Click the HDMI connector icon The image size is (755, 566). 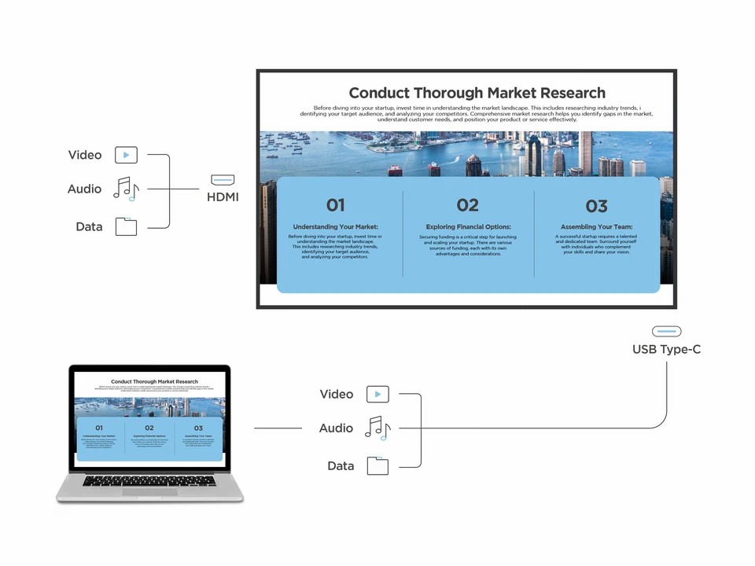coord(223,180)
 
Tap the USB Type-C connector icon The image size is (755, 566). coord(666,332)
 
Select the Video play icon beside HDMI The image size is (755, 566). coord(126,155)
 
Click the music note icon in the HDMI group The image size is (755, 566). coord(126,189)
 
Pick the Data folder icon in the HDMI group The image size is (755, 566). coord(126,226)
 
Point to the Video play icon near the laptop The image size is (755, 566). coord(377,394)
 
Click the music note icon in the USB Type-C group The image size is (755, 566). coord(377,428)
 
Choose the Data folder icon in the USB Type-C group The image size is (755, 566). coord(377,465)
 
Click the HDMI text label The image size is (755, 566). coord(223,197)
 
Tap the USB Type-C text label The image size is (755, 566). coord(666,349)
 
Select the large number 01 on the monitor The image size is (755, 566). coord(336,206)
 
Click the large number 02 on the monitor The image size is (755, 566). coord(467,205)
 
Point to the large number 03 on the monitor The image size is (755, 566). coord(597,207)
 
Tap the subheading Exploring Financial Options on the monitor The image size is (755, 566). coord(468,227)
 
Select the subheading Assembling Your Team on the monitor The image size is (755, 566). coord(597,227)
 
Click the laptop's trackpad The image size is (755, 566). coord(149,491)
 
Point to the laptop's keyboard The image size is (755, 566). coord(149,480)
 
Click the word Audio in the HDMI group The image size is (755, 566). coord(84,189)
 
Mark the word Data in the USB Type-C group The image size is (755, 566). coord(341,466)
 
